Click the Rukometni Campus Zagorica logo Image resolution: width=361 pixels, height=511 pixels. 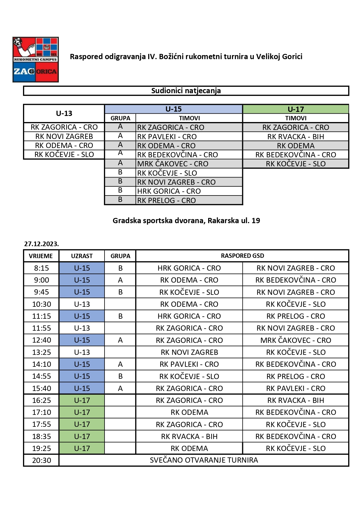pyautogui.click(x=36, y=59)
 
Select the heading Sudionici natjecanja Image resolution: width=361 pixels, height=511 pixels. pyautogui.click(x=186, y=91)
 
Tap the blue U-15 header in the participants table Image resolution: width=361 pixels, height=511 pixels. pyautogui.click(x=174, y=109)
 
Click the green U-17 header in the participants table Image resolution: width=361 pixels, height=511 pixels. pyautogui.click(x=295, y=109)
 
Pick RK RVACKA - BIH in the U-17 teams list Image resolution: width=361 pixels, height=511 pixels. pyautogui.click(x=295, y=136)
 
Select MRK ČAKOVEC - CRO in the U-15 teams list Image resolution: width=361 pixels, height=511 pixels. pyautogui.click(x=173, y=164)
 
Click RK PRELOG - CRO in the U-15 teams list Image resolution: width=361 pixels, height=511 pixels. pyautogui.click(x=167, y=200)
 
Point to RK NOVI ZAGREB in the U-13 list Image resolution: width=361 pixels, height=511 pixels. pyautogui.click(x=64, y=136)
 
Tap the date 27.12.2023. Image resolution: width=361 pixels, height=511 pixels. pyautogui.click(x=41, y=244)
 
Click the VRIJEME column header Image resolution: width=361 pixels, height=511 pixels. pyautogui.click(x=41, y=256)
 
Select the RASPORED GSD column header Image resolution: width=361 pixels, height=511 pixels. pyautogui.click(x=242, y=256)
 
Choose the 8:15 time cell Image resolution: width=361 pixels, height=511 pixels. pyautogui.click(x=41, y=268)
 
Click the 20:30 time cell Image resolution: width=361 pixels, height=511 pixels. pyautogui.click(x=41, y=460)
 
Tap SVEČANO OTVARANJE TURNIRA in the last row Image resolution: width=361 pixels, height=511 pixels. pyautogui.click(x=204, y=460)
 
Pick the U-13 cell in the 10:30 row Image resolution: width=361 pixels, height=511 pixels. pyautogui.click(x=82, y=304)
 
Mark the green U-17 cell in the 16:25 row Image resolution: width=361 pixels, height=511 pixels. pyautogui.click(x=82, y=400)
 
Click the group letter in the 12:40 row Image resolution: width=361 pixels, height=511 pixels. pyautogui.click(x=120, y=340)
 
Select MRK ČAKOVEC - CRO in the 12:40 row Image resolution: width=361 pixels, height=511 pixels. pyautogui.click(x=295, y=340)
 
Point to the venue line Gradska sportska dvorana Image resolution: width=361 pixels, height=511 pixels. pyautogui.click(x=186, y=221)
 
